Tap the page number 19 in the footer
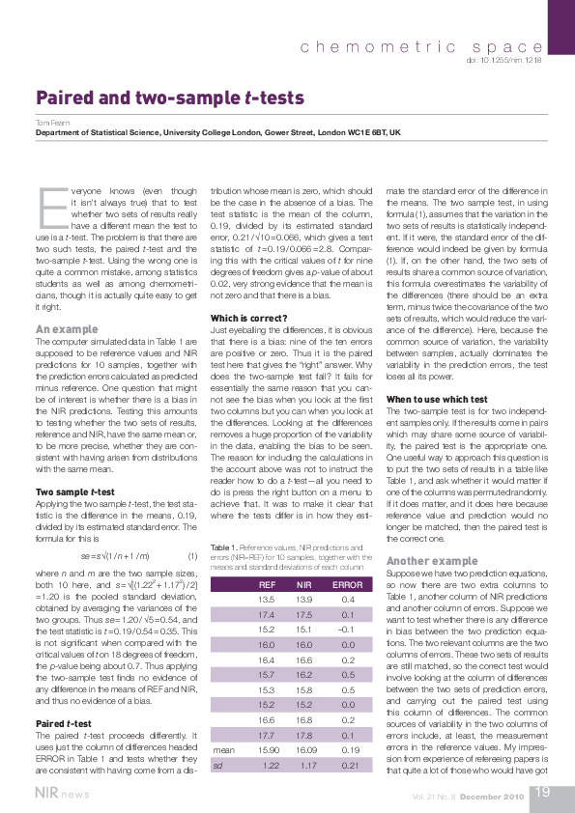(x=542, y=792)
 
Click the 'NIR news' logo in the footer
(x=57, y=793)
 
